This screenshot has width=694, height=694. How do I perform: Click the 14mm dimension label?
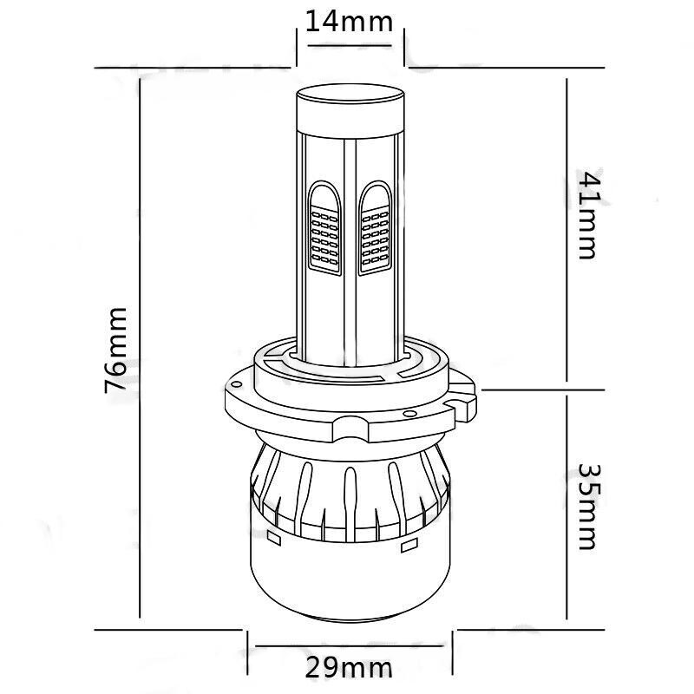pyautogui.click(x=349, y=23)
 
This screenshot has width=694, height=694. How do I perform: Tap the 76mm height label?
pyautogui.click(x=116, y=350)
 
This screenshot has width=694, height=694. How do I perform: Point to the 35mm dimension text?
pyautogui.click(x=589, y=507)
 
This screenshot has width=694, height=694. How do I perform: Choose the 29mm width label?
pyautogui.click(x=349, y=668)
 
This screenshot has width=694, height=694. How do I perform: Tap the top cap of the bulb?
pyautogui.click(x=350, y=111)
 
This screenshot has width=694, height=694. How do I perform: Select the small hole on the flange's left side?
pyautogui.click(x=237, y=383)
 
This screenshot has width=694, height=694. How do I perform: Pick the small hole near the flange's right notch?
pyautogui.click(x=410, y=414)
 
